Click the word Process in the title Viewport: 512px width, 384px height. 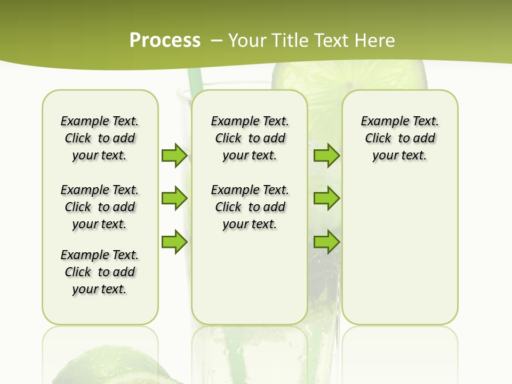click(165, 40)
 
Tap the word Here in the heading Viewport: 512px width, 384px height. click(375, 40)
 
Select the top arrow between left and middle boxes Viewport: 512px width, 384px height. click(174, 155)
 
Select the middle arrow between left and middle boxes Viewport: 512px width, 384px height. click(174, 198)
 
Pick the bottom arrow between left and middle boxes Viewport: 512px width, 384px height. click(174, 242)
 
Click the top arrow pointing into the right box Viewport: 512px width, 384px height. click(326, 155)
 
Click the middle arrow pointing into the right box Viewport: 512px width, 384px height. click(326, 198)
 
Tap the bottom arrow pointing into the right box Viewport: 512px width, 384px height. click(326, 242)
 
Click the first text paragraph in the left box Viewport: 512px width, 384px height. click(100, 138)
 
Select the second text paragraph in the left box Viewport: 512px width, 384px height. click(100, 207)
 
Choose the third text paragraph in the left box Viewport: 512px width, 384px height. click(100, 272)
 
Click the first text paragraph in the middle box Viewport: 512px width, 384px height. click(250, 138)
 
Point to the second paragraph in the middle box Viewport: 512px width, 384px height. click(250, 207)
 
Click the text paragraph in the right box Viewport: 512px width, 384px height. click(399, 138)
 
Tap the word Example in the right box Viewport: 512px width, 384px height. click(381, 121)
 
